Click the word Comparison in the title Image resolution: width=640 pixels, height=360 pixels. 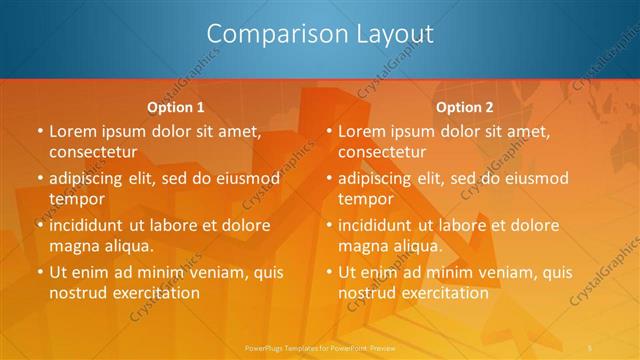click(x=267, y=34)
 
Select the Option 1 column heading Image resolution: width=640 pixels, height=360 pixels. click(x=176, y=107)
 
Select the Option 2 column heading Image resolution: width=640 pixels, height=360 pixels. click(x=465, y=107)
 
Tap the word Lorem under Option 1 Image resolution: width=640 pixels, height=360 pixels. click(x=70, y=131)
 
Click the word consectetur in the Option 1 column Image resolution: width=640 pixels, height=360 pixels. click(x=91, y=152)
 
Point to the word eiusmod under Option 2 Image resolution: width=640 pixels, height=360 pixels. click(x=536, y=179)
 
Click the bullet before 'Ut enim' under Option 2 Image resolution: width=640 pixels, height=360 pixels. click(x=327, y=272)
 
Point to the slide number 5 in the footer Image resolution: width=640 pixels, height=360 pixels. click(x=592, y=346)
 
